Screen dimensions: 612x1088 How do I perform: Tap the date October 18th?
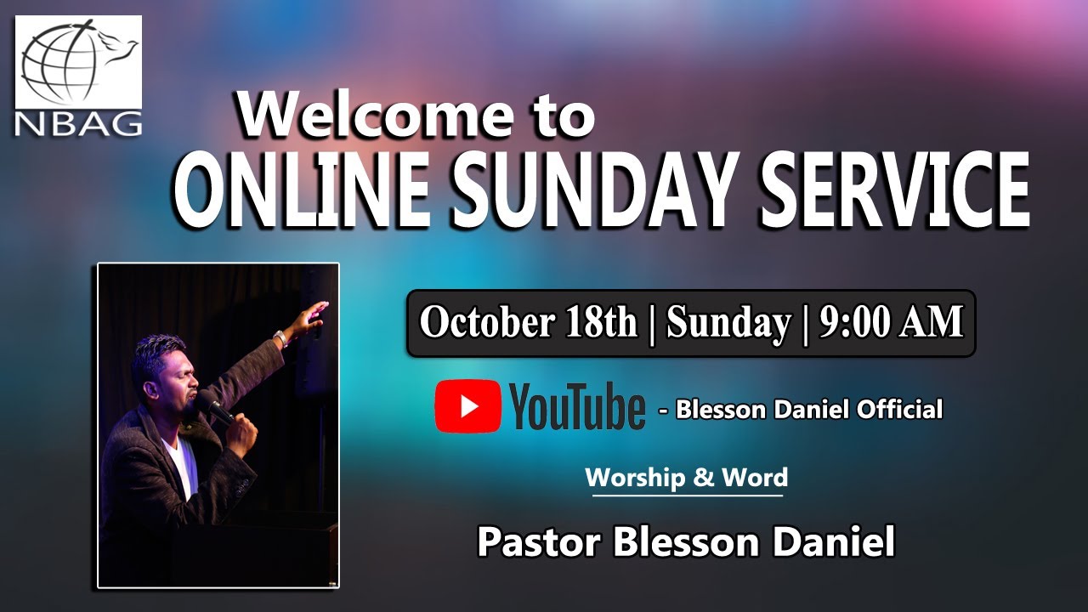528,323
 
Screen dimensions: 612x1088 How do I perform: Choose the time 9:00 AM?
891,323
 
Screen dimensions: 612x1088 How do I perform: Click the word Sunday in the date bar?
728,323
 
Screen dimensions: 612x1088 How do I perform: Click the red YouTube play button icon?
468,406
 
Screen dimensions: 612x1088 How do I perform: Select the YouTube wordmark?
577,407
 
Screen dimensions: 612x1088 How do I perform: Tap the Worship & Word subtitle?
687,478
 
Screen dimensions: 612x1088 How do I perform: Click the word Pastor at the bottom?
540,541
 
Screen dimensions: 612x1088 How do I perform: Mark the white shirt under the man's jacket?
180,463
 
